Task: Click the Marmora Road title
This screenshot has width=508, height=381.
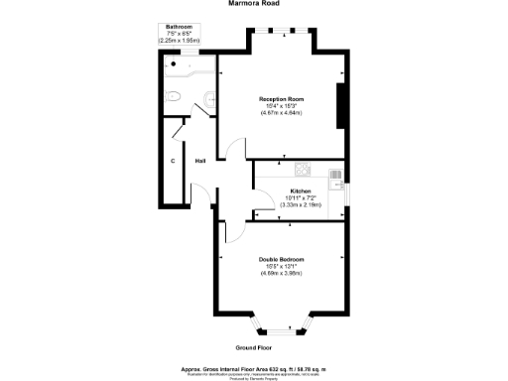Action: pos(254,4)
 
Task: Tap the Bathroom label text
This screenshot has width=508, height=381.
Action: pos(179,26)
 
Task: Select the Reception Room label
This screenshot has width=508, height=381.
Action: pos(281,99)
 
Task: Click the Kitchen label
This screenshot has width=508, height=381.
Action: pos(301,190)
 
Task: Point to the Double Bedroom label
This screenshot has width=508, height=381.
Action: pos(283,259)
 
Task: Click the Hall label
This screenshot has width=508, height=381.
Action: pos(199,161)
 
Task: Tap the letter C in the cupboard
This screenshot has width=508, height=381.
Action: pos(173,161)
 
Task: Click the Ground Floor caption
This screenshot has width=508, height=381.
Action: pos(253,348)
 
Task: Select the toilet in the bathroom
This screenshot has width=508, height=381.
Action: pos(174,97)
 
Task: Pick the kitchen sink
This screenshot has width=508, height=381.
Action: pos(335,179)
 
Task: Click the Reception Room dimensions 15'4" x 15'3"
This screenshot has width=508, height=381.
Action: pos(281,107)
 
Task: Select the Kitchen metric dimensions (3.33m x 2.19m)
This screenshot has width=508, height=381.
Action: pos(301,204)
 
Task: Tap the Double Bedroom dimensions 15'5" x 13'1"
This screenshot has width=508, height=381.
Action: pos(283,266)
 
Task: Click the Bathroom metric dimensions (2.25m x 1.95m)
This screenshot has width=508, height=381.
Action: pos(180,40)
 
